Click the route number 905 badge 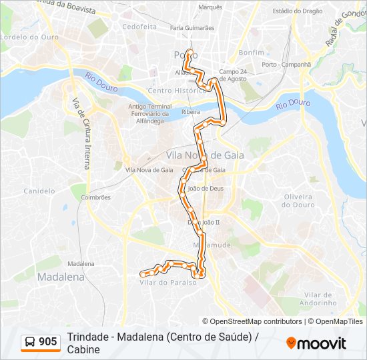click(x=41, y=342)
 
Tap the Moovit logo click(x=316, y=343)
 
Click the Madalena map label click(x=61, y=276)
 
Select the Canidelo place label click(x=39, y=191)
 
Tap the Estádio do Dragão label click(x=297, y=11)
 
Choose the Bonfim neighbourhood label click(x=252, y=51)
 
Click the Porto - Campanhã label click(x=286, y=65)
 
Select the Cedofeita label click(x=139, y=27)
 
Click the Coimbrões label click(x=95, y=197)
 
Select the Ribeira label click(x=191, y=113)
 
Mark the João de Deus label click(x=205, y=188)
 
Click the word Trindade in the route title click(x=89, y=337)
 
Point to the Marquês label click(x=210, y=7)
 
